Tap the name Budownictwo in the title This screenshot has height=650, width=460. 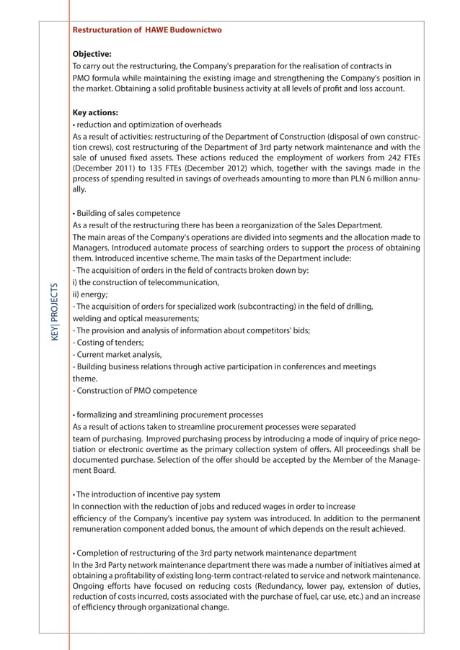click(x=197, y=30)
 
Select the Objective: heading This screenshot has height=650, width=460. click(x=92, y=53)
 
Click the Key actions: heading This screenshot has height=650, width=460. click(x=96, y=112)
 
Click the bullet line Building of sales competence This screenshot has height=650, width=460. click(x=127, y=213)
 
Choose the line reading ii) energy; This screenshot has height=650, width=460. click(x=90, y=294)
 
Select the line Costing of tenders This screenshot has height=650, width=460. click(x=108, y=343)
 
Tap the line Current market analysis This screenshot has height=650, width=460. click(x=118, y=354)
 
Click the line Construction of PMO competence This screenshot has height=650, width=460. click(x=135, y=391)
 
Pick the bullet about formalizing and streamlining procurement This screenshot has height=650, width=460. click(x=168, y=415)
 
